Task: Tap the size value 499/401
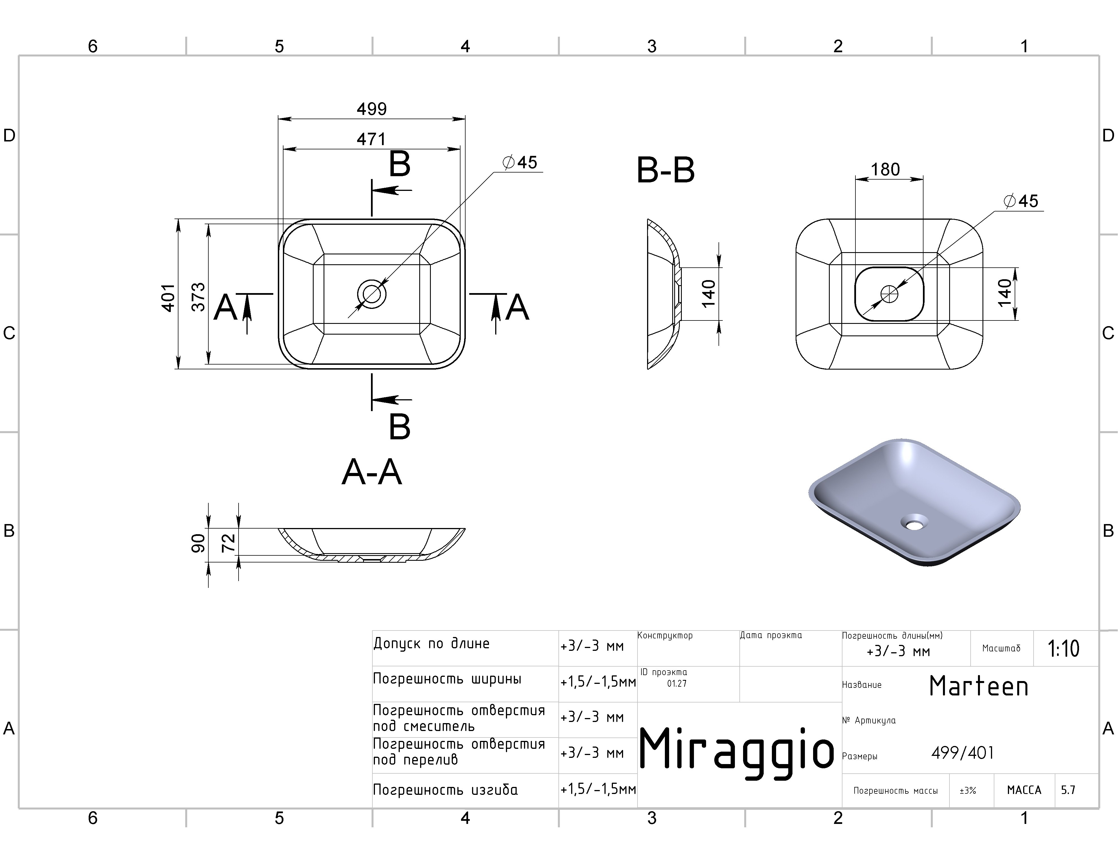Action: [x=962, y=753]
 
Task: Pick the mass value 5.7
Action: [x=1068, y=790]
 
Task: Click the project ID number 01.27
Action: [x=677, y=683]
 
